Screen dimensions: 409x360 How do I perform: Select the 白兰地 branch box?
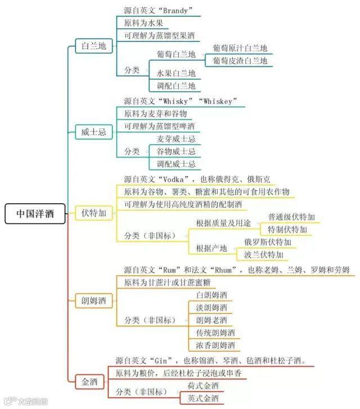[x=93, y=47]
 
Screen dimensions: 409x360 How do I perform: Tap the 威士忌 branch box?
[x=93, y=132]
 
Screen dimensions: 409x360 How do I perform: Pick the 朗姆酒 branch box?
[x=93, y=300]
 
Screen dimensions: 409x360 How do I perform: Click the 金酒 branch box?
[x=89, y=381]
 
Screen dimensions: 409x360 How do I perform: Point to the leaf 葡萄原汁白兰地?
[x=240, y=48]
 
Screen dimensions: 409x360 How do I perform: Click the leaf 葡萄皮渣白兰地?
[x=240, y=61]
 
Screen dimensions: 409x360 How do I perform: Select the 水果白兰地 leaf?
[x=176, y=73]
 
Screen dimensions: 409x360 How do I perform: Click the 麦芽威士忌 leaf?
[x=176, y=139]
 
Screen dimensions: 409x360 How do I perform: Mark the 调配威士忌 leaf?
[x=176, y=164]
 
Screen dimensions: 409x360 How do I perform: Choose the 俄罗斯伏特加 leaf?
[x=267, y=242]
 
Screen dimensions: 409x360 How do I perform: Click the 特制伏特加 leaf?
[x=287, y=230]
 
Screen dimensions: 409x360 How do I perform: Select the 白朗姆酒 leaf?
[x=211, y=295]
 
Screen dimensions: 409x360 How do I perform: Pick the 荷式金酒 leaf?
[x=200, y=386]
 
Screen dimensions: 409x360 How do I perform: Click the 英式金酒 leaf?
[x=200, y=399]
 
